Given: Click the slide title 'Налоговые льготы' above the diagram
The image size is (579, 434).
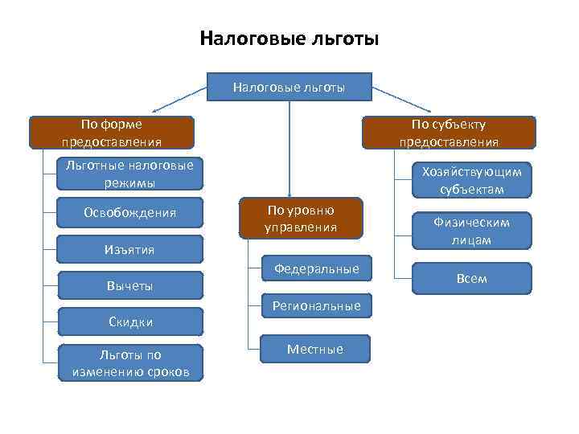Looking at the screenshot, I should click(289, 39).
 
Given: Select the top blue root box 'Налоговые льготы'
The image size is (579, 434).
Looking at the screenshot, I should click(289, 87).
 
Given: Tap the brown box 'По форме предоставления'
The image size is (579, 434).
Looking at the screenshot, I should click(112, 133).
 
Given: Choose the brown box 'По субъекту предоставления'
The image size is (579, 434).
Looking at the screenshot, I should click(449, 133).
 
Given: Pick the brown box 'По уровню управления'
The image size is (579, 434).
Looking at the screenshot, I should click(301, 219).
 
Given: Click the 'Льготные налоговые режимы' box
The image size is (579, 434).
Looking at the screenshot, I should click(130, 174).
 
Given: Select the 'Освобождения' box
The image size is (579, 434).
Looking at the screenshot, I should click(130, 213).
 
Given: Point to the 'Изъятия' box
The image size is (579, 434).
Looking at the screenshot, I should click(130, 249).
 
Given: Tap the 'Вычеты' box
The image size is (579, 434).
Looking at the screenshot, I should click(130, 286).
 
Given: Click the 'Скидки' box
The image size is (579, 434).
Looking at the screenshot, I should click(130, 321).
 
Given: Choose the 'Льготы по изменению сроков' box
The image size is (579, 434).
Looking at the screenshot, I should click(130, 362).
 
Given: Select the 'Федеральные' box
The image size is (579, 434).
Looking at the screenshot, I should click(317, 269).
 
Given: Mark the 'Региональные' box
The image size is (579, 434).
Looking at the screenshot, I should click(317, 306).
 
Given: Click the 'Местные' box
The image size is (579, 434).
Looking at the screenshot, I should click(317, 349).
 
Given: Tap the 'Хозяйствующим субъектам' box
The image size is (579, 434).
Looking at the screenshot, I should click(472, 180).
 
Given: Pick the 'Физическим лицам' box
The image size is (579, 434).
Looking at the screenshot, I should click(472, 231).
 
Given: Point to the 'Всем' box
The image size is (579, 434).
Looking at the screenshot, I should click(472, 278).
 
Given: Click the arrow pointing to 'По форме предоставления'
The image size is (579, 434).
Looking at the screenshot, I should click(181, 98).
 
